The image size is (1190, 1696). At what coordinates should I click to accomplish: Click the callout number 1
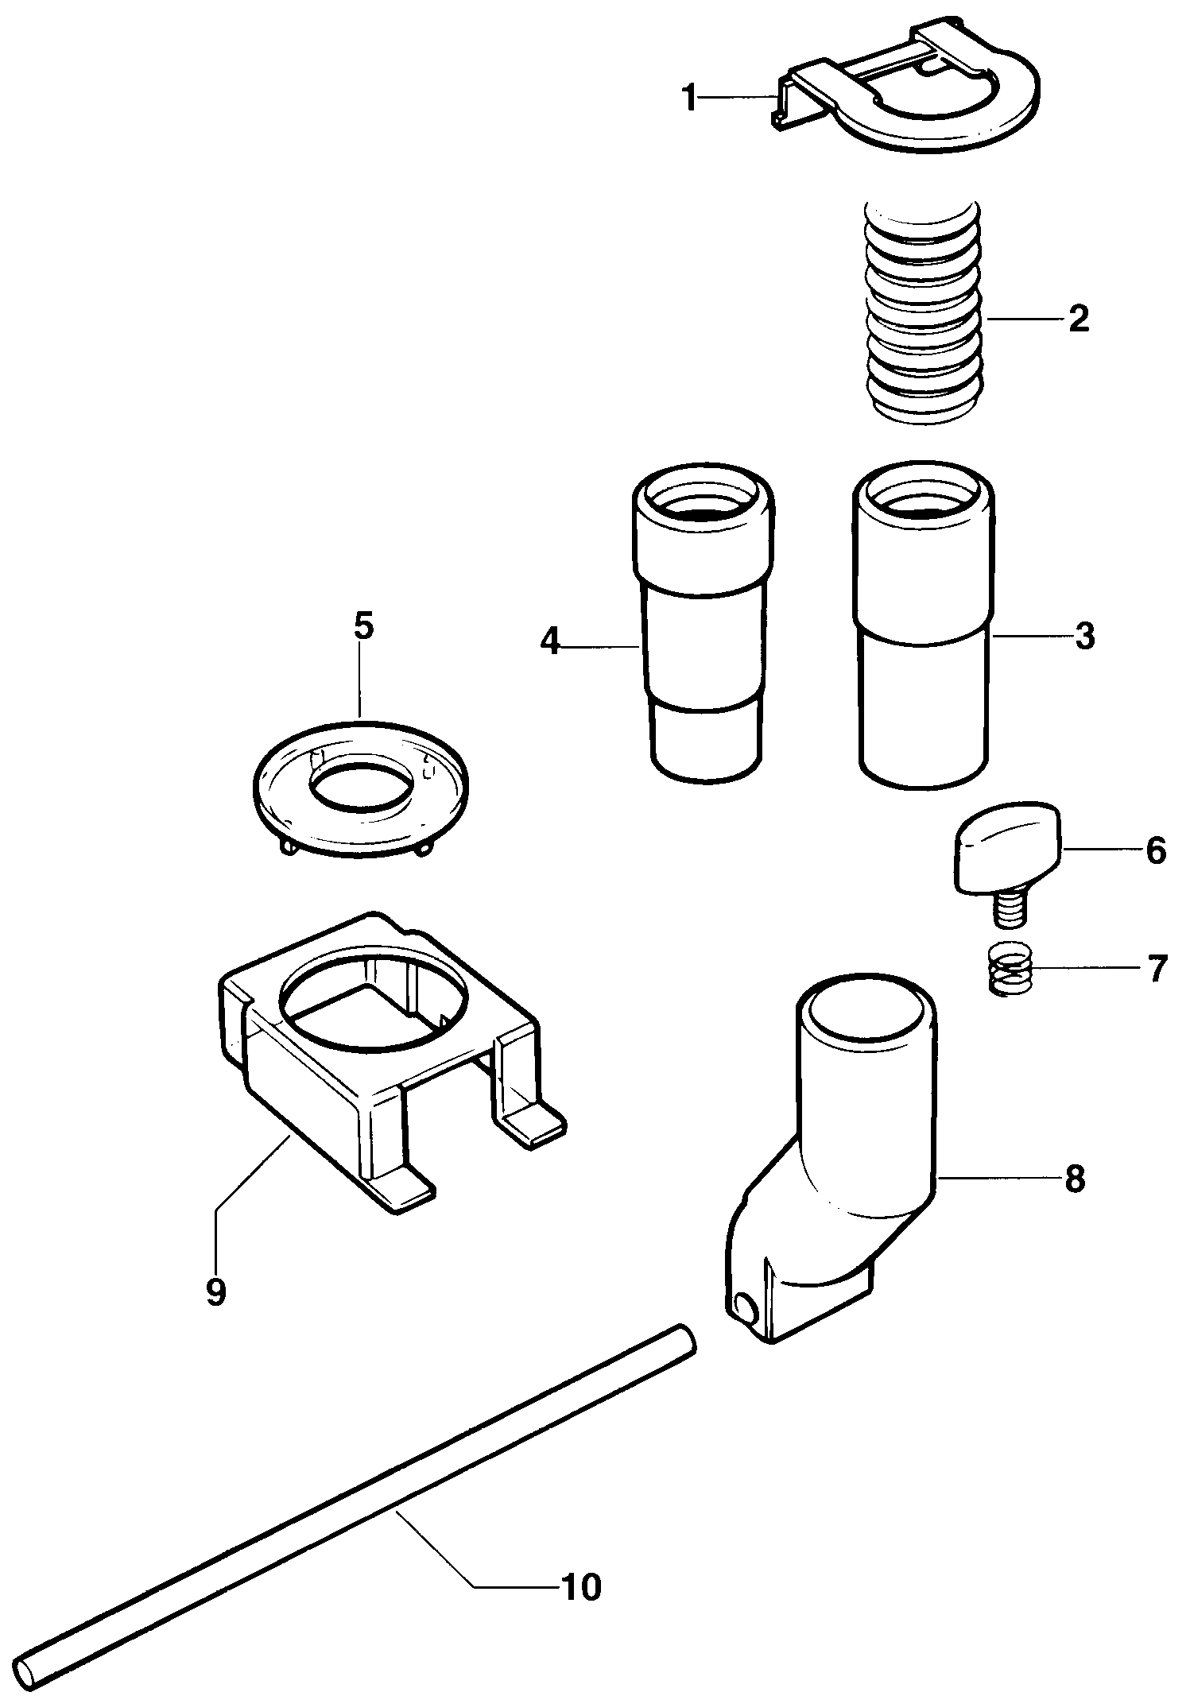[689, 99]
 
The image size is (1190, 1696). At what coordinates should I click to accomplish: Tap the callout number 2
[1078, 319]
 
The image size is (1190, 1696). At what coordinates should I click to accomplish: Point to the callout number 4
[550, 641]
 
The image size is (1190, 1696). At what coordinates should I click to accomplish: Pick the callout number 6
[1155, 850]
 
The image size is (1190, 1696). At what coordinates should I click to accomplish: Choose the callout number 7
[1157, 969]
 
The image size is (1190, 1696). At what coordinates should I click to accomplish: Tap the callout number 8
[1075, 1179]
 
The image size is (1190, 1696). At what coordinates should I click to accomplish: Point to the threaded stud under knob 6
[1008, 907]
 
